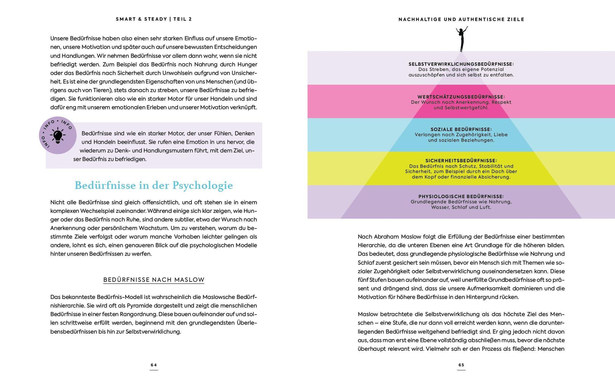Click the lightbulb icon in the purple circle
click(x=58, y=135)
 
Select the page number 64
click(x=154, y=365)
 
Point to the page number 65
click(x=461, y=365)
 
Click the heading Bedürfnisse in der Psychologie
click(x=154, y=185)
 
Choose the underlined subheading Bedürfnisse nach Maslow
click(x=154, y=280)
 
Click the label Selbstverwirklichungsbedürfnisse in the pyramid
click(x=461, y=64)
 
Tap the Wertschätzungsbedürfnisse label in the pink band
click(x=461, y=97)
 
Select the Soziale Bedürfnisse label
click(x=461, y=129)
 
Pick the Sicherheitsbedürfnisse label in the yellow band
click(x=461, y=161)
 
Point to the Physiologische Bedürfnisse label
click(x=461, y=196)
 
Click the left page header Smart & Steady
click(x=141, y=19)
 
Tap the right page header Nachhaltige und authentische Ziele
click(x=461, y=19)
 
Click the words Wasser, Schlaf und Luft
click(x=461, y=207)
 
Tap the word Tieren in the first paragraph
click(x=101, y=90)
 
